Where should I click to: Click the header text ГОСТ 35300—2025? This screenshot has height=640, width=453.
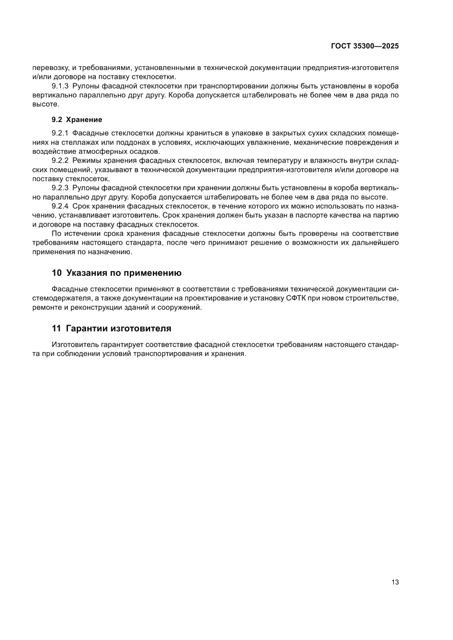(365, 47)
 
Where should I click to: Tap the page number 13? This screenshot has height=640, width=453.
(395, 582)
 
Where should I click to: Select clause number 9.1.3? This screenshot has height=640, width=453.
(59, 87)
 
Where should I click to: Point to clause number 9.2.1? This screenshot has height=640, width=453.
(59, 133)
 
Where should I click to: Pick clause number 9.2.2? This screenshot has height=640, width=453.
(59, 160)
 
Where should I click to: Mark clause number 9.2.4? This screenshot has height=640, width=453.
(59, 206)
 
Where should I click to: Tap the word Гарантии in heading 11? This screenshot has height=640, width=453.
(89, 328)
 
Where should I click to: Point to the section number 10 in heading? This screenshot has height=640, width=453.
(56, 273)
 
